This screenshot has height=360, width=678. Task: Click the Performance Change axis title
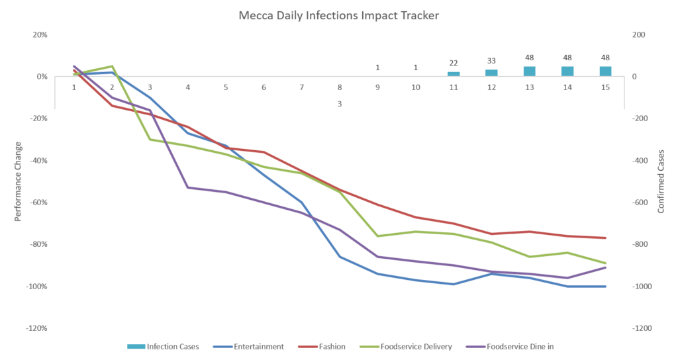pos(18,181)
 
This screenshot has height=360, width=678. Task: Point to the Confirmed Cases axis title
pos(660,181)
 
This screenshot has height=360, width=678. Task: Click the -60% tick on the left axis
pos(37,202)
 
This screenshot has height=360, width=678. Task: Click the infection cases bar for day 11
pos(454,74)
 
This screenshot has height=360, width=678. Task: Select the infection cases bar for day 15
pos(605,71)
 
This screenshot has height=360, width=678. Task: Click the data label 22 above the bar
pos(454,63)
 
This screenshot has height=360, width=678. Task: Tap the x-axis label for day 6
pos(264,87)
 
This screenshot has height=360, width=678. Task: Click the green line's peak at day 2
pos(112,66)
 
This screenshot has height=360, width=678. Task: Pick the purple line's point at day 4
pos(188,187)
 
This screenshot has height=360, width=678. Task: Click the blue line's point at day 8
pos(340,257)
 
